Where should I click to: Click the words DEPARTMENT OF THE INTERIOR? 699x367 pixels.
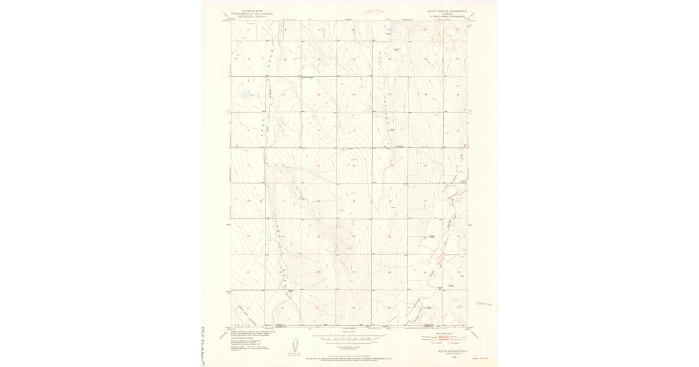(246, 13)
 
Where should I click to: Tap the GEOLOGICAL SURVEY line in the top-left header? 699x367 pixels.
(246, 16)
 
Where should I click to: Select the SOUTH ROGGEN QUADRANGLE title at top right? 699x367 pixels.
(447, 10)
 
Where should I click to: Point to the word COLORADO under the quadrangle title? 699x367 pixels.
(447, 13)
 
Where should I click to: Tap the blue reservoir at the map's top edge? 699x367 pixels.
(392, 27)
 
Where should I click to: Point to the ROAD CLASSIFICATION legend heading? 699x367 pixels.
(447, 333)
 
